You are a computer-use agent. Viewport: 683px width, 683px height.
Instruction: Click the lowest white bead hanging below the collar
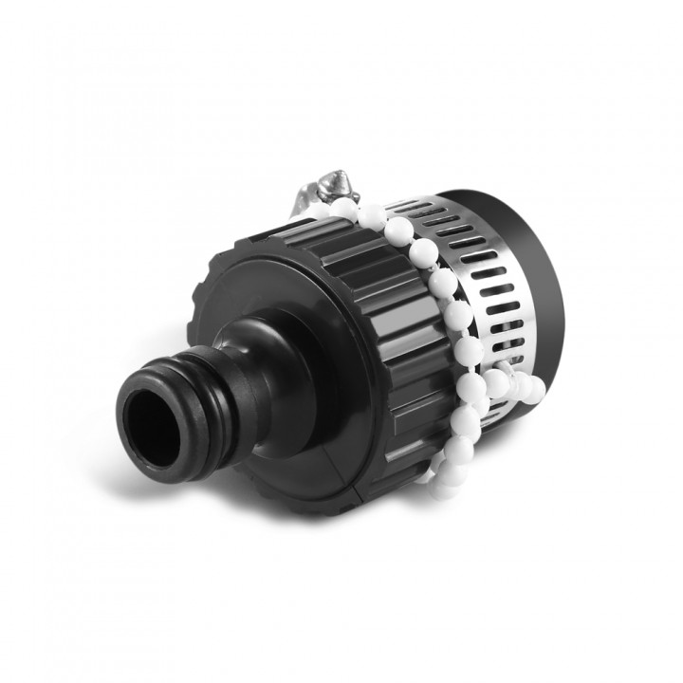click(x=441, y=489)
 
